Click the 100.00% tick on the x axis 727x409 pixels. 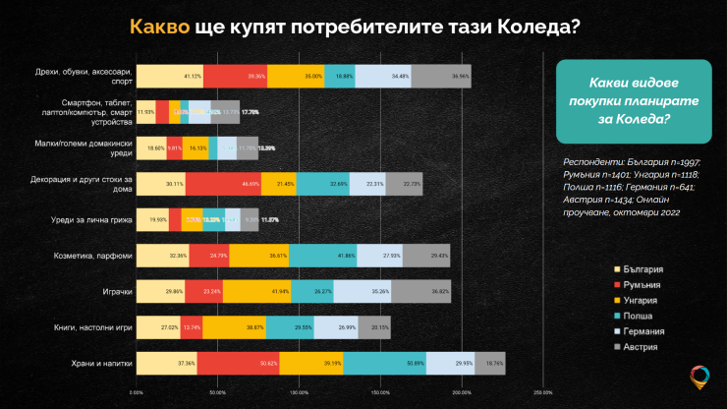point(299,391)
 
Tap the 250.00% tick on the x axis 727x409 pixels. point(541,391)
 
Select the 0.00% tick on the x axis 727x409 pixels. point(137,391)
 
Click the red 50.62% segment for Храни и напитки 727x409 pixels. point(239,363)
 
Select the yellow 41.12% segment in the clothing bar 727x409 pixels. point(169,76)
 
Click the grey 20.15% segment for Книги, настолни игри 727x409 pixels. point(374,327)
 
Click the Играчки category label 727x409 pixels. point(113,292)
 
